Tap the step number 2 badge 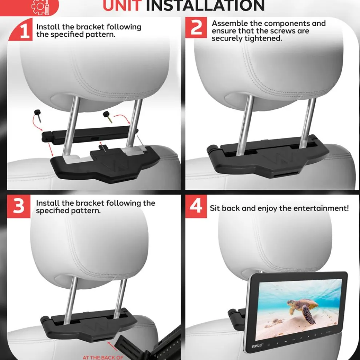pyautogui.click(x=196, y=28)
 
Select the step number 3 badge pyautogui.click(x=19, y=206)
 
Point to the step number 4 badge pyautogui.click(x=196, y=206)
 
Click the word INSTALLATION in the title pyautogui.click(x=205, y=5)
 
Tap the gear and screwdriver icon pyautogui.click(x=40, y=7)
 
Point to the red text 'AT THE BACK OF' pyautogui.click(x=103, y=357)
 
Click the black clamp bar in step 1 pyautogui.click(x=89, y=135)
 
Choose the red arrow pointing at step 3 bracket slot pyautogui.click(x=112, y=346)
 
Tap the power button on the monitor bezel pyautogui.click(x=301, y=338)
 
